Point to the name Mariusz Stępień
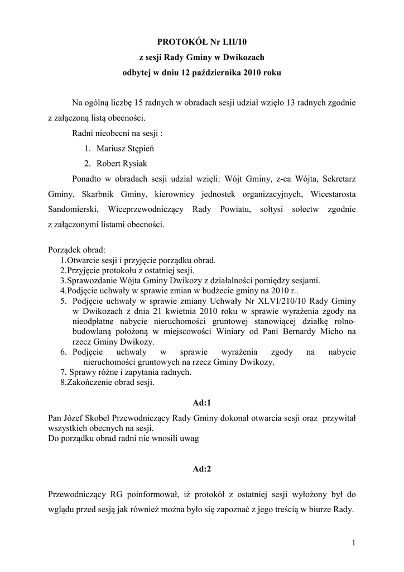[x=128, y=149]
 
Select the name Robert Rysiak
[x=122, y=164]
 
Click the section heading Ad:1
[x=201, y=402]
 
